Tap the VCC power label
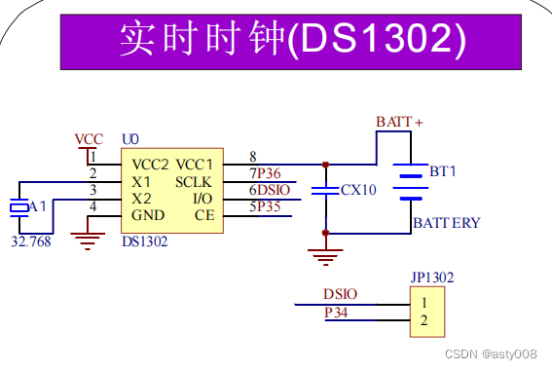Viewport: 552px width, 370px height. click(89, 139)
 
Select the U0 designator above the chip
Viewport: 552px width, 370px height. click(130, 139)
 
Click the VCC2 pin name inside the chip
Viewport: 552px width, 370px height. click(150, 165)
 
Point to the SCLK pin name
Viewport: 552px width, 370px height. click(194, 182)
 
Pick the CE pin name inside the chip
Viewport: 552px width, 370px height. click(204, 215)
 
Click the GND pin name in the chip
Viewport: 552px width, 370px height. click(148, 215)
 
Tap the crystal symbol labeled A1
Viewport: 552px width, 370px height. click(19, 207)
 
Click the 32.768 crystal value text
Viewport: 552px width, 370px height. click(31, 241)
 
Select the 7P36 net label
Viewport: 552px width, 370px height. click(265, 173)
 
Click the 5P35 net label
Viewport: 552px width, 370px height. click(265, 206)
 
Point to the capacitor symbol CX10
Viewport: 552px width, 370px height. click(325, 191)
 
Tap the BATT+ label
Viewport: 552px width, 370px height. click(399, 122)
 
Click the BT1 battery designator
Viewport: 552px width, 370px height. click(443, 171)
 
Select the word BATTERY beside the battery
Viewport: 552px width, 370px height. click(447, 223)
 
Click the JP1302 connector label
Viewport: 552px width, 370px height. click(432, 277)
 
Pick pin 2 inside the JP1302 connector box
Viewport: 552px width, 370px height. click(423, 320)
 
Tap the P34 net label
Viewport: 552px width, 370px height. click(336, 313)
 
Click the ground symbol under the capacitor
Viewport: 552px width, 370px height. click(325, 257)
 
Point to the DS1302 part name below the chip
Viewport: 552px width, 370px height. click(145, 241)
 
